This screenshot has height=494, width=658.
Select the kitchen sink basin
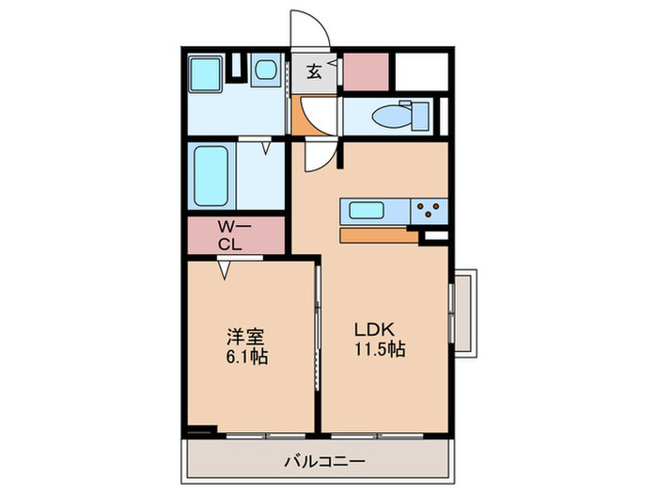pyautogui.click(x=362, y=209)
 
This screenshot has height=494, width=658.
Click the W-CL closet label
pyautogui.click(x=232, y=235)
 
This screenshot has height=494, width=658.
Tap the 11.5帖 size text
pyautogui.click(x=378, y=350)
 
